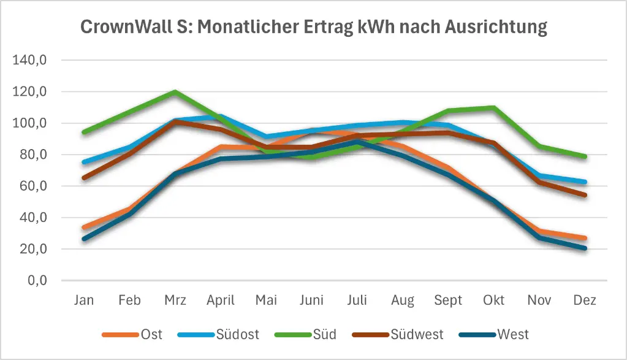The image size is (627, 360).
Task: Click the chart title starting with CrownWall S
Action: click(314, 28)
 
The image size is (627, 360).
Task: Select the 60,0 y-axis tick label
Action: click(38, 186)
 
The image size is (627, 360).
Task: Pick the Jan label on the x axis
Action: click(84, 301)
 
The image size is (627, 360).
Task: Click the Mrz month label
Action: click(175, 301)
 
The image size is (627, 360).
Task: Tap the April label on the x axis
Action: click(221, 301)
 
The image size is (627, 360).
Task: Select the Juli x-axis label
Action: click(357, 301)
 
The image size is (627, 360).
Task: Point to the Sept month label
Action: click(449, 301)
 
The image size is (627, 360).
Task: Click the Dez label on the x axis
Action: click(585, 301)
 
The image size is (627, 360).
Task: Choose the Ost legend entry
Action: click(132, 334)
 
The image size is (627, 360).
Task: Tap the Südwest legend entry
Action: click(398, 334)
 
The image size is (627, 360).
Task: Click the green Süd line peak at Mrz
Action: click(175, 92)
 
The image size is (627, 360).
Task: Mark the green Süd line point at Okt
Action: click(494, 108)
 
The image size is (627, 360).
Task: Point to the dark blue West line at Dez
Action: click(585, 248)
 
